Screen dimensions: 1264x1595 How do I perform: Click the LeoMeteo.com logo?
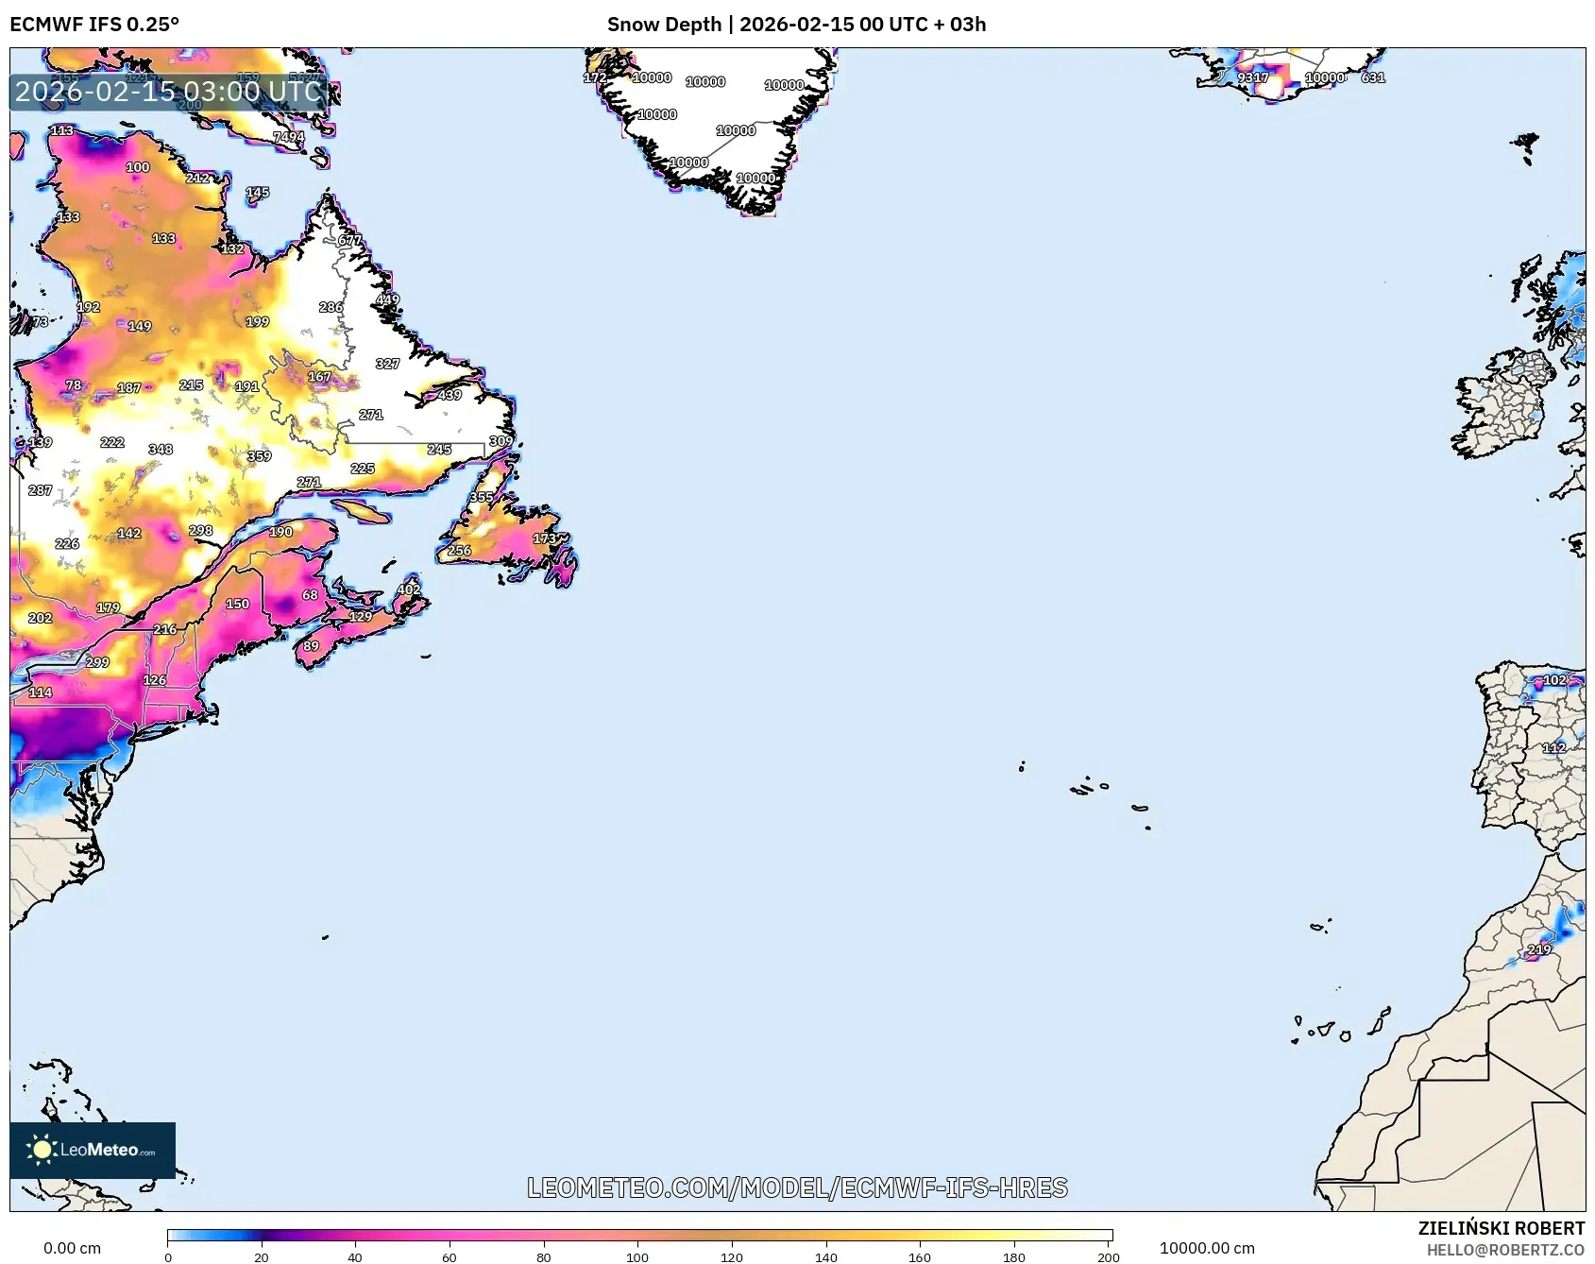[93, 1150]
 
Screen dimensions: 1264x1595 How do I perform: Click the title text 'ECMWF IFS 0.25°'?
[94, 25]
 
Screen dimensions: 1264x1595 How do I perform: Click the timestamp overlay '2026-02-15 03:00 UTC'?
[169, 92]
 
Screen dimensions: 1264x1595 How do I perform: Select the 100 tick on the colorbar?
[637, 1256]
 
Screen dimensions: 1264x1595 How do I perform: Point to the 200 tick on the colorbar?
[1109, 1256]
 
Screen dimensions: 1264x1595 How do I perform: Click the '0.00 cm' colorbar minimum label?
[72, 1248]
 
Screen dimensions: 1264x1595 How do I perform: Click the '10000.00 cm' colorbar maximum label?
[1207, 1248]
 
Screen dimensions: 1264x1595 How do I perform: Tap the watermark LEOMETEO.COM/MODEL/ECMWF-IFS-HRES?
[797, 1187]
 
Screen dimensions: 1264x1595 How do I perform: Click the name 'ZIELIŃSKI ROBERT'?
[1501, 1228]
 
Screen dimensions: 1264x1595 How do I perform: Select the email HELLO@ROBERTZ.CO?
[1505, 1250]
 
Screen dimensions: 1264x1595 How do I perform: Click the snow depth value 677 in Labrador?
[349, 240]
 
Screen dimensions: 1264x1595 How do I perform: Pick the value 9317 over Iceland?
[1253, 77]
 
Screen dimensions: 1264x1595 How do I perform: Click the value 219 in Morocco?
[1539, 949]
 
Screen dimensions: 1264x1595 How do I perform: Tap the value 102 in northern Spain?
[1554, 680]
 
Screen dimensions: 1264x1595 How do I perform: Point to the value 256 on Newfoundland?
[459, 550]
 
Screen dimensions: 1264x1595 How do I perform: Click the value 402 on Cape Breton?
[408, 589]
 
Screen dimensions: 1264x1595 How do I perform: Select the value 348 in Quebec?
[161, 450]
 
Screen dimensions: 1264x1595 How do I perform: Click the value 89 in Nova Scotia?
[311, 646]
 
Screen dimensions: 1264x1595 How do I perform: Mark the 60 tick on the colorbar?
[449, 1256]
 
